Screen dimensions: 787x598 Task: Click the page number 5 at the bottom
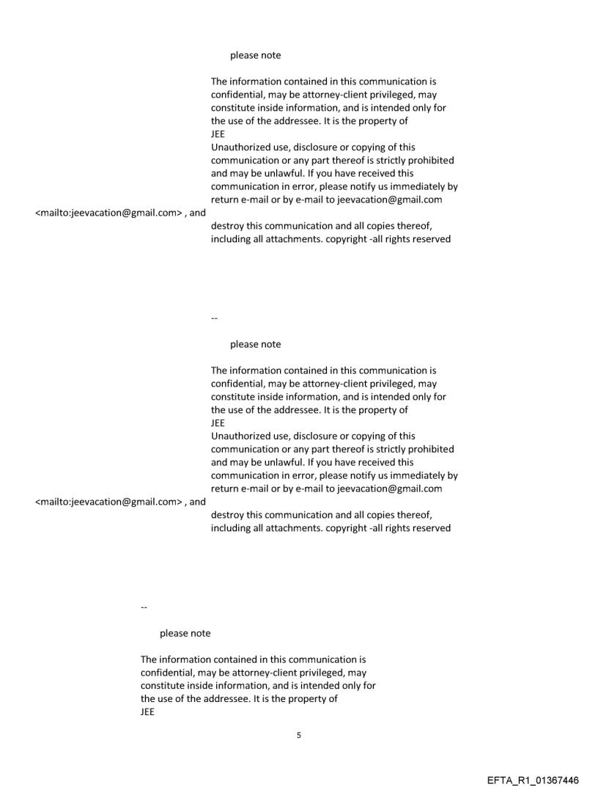pyautogui.click(x=298, y=735)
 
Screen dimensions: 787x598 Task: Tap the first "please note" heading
pyautogui.click(x=255, y=55)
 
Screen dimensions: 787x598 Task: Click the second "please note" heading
pyautogui.click(x=255, y=344)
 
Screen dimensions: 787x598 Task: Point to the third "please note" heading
pyautogui.click(x=185, y=633)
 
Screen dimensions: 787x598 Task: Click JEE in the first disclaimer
pyautogui.click(x=218, y=134)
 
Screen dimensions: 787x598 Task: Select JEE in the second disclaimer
pyautogui.click(x=218, y=423)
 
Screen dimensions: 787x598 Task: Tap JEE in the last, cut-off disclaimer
pyautogui.click(x=147, y=712)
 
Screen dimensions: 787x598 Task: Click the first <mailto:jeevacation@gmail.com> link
pyautogui.click(x=104, y=213)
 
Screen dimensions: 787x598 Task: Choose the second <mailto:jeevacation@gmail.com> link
pyautogui.click(x=104, y=502)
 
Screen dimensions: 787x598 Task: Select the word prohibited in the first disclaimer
pyautogui.click(x=429, y=161)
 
